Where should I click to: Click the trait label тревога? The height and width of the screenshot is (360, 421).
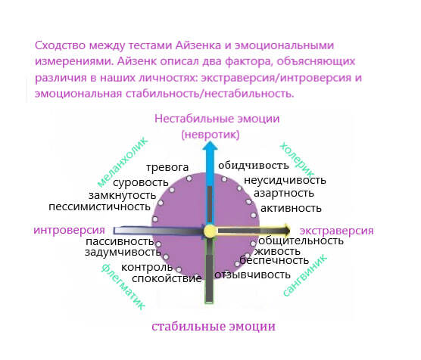(x=167, y=167)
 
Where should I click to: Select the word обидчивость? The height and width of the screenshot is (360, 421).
(x=253, y=166)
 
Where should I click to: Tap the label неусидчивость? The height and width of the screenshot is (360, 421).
(x=285, y=180)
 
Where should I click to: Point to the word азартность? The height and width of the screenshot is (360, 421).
(x=284, y=193)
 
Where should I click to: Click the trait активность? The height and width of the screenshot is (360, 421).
(x=291, y=209)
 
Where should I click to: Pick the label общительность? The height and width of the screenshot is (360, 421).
(x=301, y=241)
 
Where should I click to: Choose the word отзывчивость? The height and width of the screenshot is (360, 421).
(x=252, y=275)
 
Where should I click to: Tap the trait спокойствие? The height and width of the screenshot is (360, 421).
(x=167, y=279)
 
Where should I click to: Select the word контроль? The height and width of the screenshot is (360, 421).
(x=147, y=267)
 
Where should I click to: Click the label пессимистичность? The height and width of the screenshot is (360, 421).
(x=99, y=206)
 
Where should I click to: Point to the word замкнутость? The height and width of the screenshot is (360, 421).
(x=122, y=195)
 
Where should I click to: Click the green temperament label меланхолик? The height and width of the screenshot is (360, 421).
(x=122, y=163)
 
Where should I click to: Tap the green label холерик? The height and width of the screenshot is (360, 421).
(x=297, y=160)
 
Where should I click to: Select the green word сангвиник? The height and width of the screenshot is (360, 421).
(x=305, y=275)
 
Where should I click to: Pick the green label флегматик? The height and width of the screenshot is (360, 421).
(x=123, y=287)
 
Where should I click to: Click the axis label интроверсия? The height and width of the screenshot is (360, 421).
(x=69, y=230)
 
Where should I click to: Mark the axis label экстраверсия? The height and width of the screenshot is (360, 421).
(x=336, y=231)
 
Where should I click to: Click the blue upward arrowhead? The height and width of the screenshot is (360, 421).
(x=210, y=147)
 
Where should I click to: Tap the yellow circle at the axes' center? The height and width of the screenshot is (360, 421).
(x=210, y=231)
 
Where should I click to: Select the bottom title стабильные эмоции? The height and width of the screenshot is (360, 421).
(x=214, y=326)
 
